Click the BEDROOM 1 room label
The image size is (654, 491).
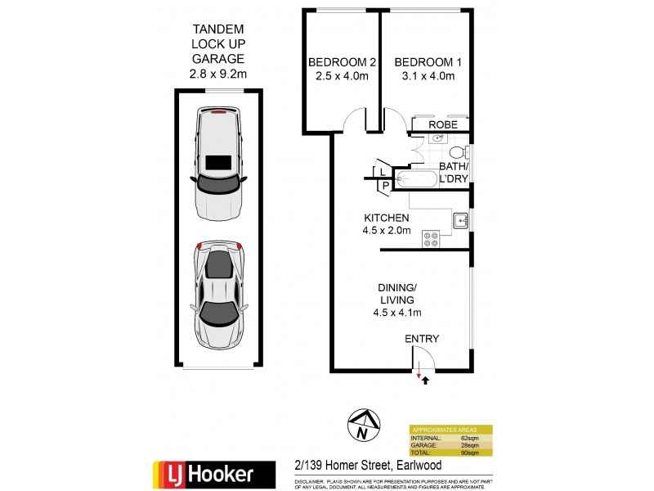click(424, 62)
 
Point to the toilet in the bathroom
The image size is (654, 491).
click(460, 152)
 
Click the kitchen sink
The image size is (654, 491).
click(461, 219)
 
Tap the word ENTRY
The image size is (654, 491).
click(422, 339)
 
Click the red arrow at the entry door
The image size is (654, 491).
click(419, 375)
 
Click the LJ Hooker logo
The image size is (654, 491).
click(204, 473)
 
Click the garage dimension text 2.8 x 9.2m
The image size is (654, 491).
click(218, 74)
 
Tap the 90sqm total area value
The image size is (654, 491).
click(467, 452)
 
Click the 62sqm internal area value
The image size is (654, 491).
click(467, 437)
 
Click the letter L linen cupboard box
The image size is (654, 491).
click(382, 170)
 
